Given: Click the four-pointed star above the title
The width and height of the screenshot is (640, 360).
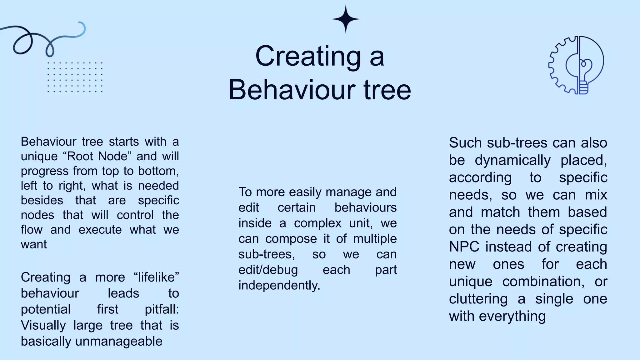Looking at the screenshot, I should click(x=345, y=19).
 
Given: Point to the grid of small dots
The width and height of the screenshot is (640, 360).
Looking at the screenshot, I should click(x=75, y=77).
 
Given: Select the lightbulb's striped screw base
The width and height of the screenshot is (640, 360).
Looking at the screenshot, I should click(x=583, y=88).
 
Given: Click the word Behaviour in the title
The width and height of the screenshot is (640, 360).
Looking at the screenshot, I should click(x=292, y=90).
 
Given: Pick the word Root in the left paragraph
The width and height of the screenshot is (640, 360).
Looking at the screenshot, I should click(x=80, y=156).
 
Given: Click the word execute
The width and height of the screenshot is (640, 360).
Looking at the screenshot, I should click(x=100, y=230).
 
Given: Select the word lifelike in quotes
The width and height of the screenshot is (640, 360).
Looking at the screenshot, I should click(x=156, y=277).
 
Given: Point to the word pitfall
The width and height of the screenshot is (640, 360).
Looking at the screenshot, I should click(x=161, y=309).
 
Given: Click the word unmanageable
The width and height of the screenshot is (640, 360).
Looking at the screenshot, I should click(x=119, y=341).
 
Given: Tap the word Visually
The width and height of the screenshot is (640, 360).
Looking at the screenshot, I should click(x=43, y=325).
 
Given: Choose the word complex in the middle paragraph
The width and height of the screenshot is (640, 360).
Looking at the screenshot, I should click(x=317, y=223).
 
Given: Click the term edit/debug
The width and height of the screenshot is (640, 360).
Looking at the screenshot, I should click(x=268, y=270).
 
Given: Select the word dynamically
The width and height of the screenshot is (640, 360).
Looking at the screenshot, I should click(x=512, y=160).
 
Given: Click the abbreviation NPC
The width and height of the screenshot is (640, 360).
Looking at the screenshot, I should click(x=464, y=247).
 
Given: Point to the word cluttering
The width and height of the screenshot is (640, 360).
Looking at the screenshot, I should click(x=478, y=299).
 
